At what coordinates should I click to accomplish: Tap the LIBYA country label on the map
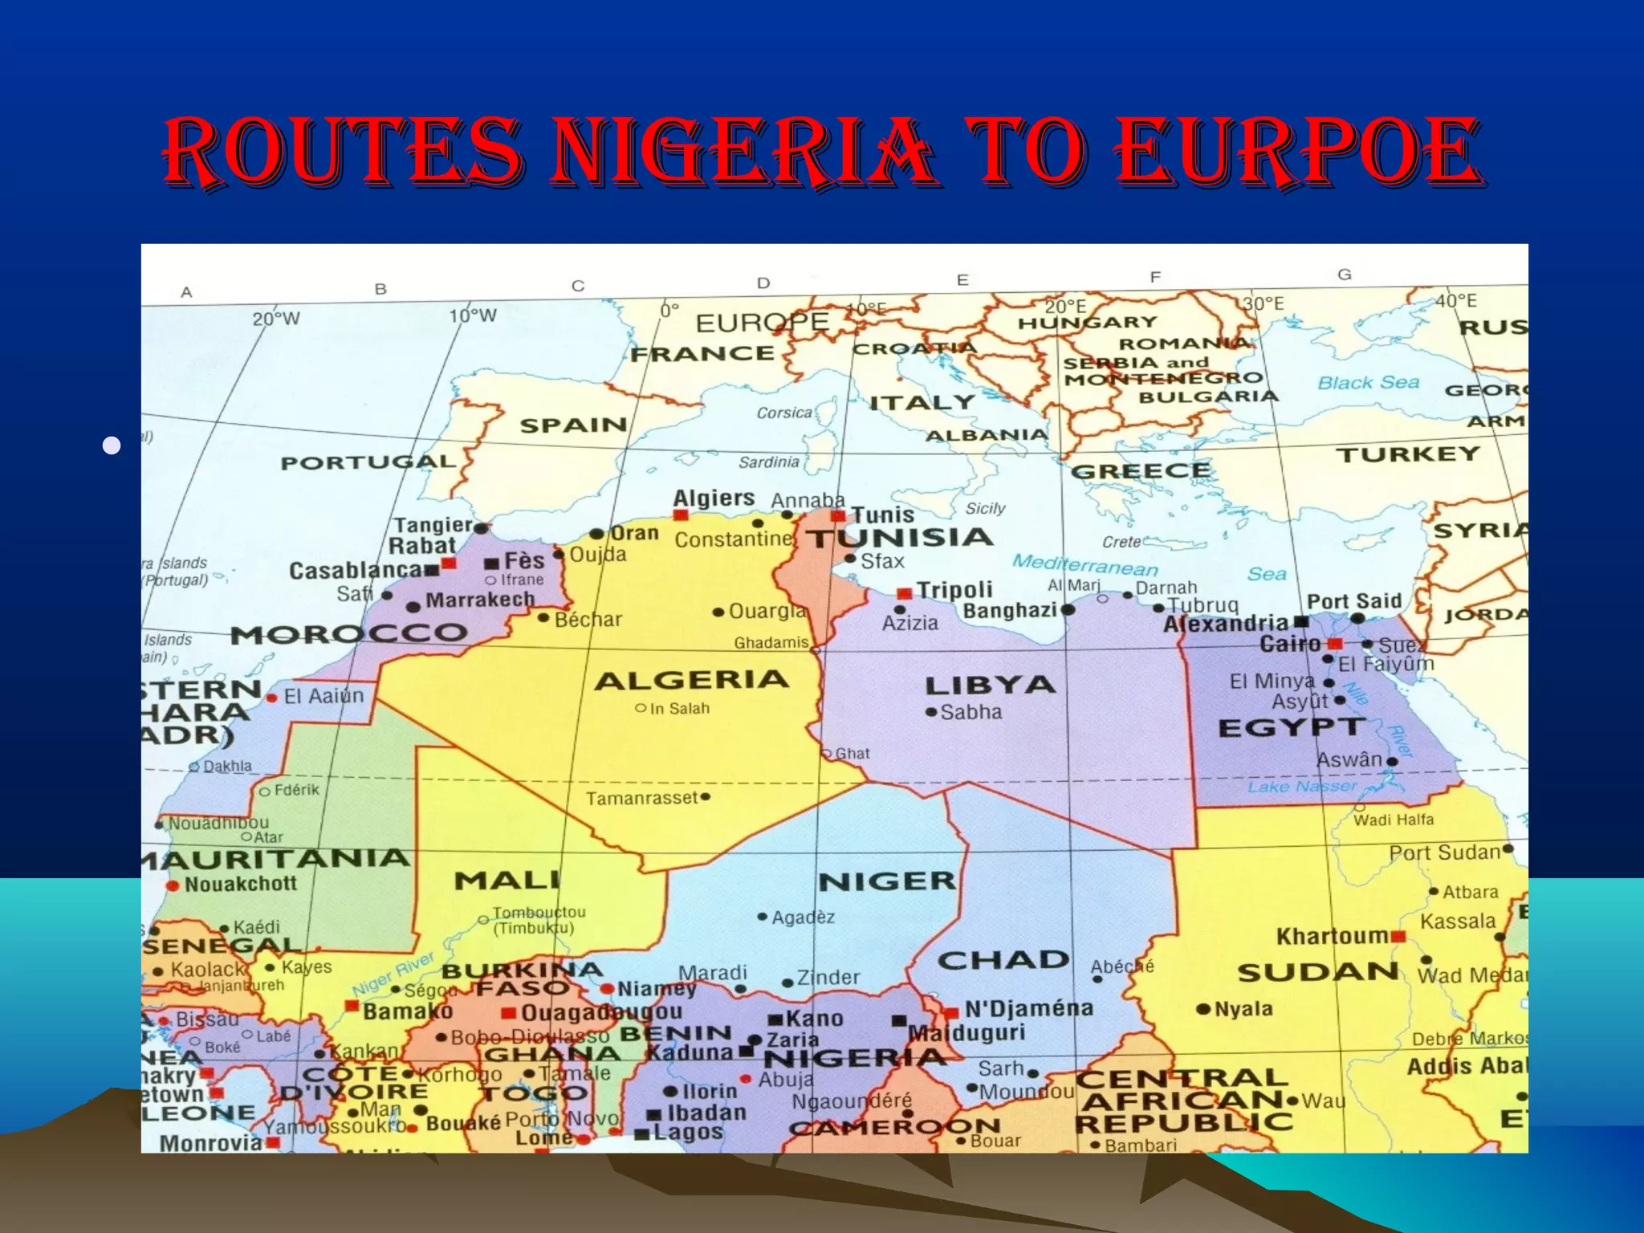click(989, 686)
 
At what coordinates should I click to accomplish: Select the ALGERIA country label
click(692, 681)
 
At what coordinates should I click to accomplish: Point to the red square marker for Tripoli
click(905, 594)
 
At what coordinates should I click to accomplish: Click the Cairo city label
click(1290, 644)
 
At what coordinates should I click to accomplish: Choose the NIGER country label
click(887, 881)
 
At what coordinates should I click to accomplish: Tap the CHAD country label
click(1003, 960)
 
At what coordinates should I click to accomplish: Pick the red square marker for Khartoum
click(1398, 937)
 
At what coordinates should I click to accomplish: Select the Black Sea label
click(1369, 383)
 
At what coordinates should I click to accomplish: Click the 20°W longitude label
click(276, 319)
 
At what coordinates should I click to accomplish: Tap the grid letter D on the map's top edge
click(763, 283)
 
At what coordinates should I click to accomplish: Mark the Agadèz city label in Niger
click(803, 918)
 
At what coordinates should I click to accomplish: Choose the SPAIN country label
click(573, 425)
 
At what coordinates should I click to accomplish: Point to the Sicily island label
click(985, 508)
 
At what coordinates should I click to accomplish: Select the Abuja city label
click(786, 1080)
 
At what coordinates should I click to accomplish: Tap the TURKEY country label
click(1408, 455)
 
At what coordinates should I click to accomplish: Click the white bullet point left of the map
click(112, 446)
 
